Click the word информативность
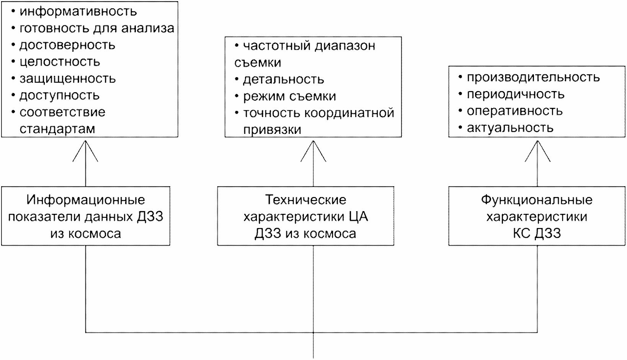pyautogui.click(x=78, y=12)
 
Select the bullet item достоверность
pyautogui.click(x=63, y=45)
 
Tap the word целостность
pyautogui.click(x=60, y=62)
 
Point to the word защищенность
pyautogui.click(x=67, y=79)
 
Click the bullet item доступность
pyautogui.click(x=56, y=96)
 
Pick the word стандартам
pyautogui.click(x=57, y=129)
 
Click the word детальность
pyautogui.click(x=284, y=80)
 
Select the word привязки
pyautogui.click(x=272, y=130)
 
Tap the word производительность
pyautogui.click(x=533, y=78)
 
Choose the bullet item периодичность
pyautogui.click(x=511, y=94)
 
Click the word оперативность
pyautogui.click(x=514, y=111)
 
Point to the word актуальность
pyautogui.click(x=510, y=128)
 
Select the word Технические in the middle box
pyautogui.click(x=306, y=200)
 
